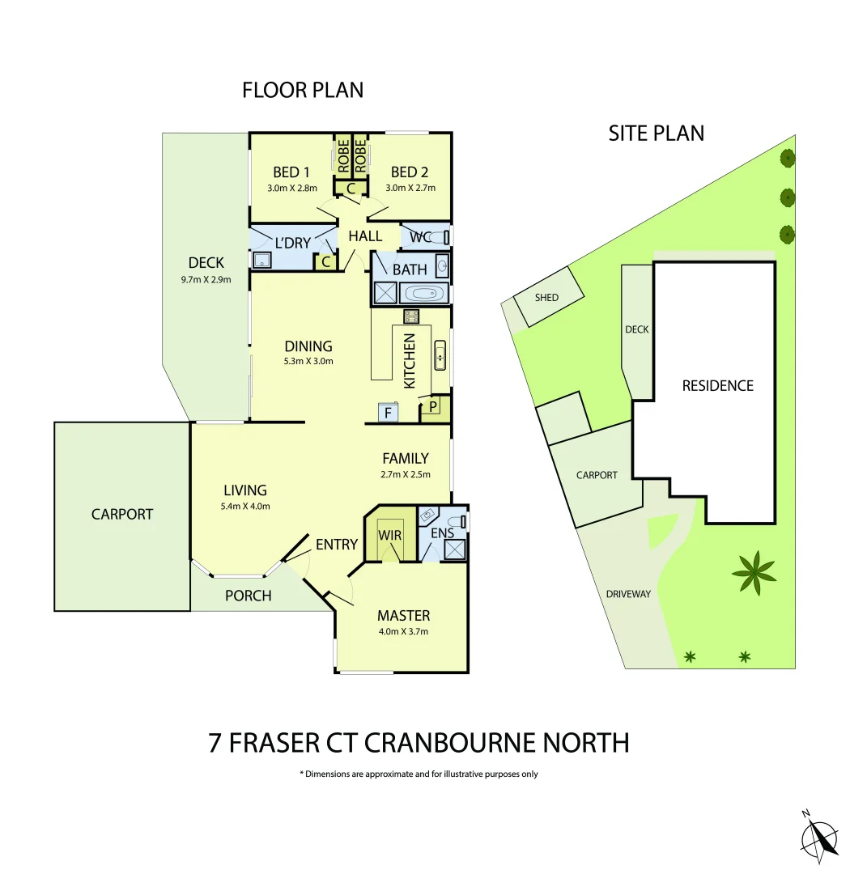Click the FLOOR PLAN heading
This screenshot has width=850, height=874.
(x=303, y=90)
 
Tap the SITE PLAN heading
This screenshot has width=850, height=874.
(x=656, y=133)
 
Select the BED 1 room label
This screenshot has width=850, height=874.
(x=291, y=172)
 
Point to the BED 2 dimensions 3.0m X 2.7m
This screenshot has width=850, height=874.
(x=410, y=189)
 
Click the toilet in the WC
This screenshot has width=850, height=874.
(x=438, y=237)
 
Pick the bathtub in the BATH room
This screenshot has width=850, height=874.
(x=423, y=293)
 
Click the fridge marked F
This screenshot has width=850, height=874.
(x=389, y=413)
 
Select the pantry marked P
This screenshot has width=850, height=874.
(x=433, y=406)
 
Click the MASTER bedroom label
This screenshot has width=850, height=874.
(x=403, y=616)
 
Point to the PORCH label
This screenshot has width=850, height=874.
(x=248, y=596)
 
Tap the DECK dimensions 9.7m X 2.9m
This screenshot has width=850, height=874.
(x=206, y=280)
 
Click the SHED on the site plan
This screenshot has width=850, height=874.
(x=547, y=298)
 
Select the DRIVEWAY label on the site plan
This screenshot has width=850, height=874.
(x=628, y=594)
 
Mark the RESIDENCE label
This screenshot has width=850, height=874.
(x=717, y=386)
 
